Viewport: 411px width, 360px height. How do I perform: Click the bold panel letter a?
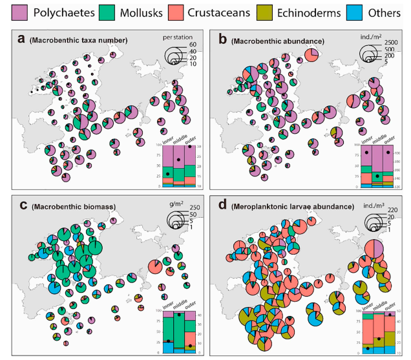point(21,40)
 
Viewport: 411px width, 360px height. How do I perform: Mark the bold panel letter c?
point(21,206)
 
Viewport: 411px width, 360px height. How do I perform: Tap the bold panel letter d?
point(223,206)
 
